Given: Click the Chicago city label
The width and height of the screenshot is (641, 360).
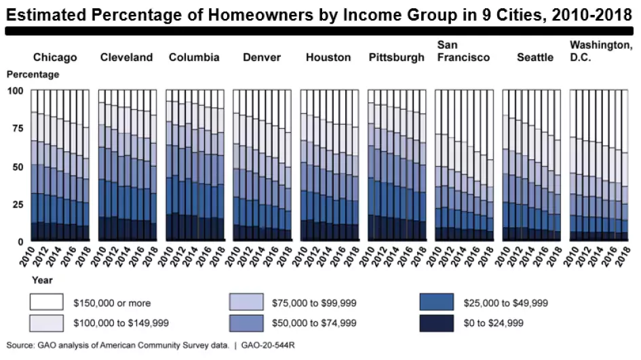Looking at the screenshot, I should tap(55, 58).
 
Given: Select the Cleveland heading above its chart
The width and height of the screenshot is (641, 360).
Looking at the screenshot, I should tap(126, 58).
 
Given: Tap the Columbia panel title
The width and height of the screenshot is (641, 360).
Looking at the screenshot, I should tap(194, 58).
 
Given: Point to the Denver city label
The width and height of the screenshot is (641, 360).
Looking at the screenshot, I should tap(262, 58).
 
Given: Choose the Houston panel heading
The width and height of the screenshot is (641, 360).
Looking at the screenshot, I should tap(328, 58).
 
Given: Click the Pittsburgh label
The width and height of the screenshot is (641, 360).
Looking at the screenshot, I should tap(396, 58).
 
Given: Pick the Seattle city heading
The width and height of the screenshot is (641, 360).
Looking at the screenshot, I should tap(535, 58).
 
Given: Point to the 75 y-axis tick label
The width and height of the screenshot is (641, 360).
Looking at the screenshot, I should tap(17, 128).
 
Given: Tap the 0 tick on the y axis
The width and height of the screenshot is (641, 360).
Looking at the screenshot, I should tap(21, 241).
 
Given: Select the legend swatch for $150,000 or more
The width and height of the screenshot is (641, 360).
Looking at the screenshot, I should tap(47, 302).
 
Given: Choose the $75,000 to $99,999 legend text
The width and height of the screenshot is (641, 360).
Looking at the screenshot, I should tap(314, 303).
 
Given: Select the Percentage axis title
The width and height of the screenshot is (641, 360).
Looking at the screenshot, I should tap(33, 75).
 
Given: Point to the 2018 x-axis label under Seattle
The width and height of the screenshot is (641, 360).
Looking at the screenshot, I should tap(558, 257).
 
